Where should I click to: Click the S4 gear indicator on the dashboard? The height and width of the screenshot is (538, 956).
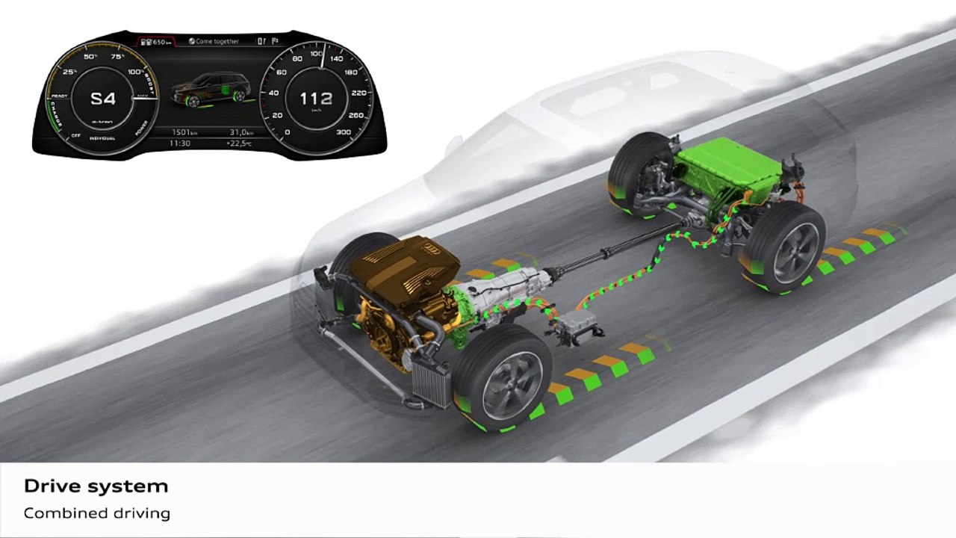103,99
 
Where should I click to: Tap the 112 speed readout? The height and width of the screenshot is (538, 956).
316,99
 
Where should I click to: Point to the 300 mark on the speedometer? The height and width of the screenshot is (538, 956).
344,132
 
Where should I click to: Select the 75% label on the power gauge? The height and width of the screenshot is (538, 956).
117,57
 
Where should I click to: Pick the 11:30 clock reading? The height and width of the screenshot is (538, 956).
179,143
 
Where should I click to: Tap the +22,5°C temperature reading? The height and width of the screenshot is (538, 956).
241,143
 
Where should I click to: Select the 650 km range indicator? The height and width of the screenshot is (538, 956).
158,42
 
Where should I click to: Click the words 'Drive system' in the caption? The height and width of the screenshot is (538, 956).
96,486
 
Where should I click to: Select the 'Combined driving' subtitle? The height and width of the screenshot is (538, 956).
97,513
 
